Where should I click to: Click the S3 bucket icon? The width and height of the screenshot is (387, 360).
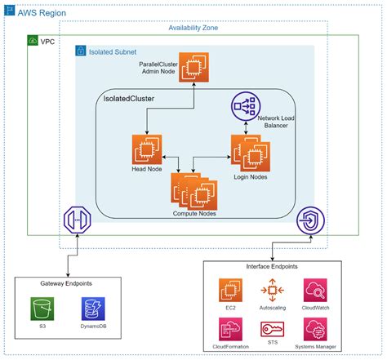42,309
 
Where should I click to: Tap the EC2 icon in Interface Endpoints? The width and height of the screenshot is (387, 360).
231,291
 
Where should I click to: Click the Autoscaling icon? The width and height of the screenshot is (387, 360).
273,291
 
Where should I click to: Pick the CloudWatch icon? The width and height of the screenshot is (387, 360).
315,291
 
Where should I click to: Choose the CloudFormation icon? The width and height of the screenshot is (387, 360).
231,330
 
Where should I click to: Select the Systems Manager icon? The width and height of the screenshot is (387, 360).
315,330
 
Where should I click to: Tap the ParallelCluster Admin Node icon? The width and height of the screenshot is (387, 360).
194,64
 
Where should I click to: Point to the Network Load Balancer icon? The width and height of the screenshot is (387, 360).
244,107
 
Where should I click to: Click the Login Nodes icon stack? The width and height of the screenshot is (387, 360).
247,153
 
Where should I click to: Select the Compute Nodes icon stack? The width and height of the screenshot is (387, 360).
193,191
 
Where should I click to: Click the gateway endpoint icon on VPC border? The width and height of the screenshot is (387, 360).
76,220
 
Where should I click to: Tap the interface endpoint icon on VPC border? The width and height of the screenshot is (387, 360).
311,220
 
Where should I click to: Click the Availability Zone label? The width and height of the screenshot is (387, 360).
193,27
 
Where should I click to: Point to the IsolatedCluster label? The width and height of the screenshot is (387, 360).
129,99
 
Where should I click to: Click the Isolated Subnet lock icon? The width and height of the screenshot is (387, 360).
81,51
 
